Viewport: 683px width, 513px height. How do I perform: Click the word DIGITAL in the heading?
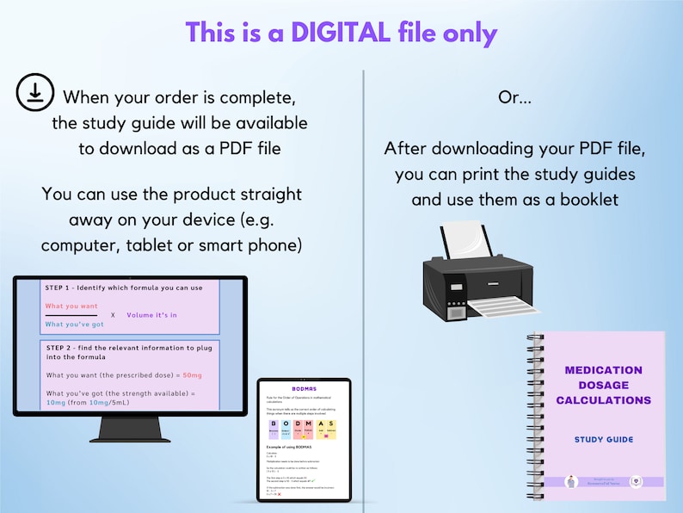coord(340,33)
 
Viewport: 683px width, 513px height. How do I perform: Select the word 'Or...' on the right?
coord(514,97)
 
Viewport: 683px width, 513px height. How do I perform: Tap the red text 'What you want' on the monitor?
coord(71,306)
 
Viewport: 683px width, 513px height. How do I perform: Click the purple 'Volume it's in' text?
coord(151,315)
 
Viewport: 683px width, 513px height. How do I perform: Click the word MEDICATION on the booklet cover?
coord(603,370)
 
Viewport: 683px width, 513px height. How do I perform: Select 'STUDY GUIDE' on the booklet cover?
coord(603,440)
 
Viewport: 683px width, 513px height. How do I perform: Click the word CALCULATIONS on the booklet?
coord(603,400)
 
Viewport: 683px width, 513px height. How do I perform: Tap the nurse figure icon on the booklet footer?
coord(570,482)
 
